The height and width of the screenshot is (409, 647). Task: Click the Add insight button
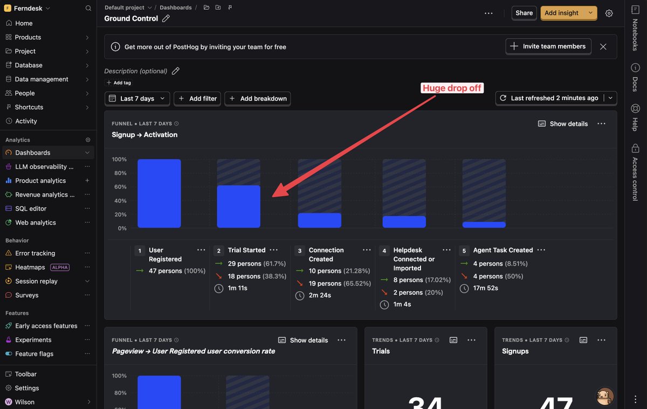[x=561, y=13]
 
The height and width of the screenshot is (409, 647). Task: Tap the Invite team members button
[x=548, y=46]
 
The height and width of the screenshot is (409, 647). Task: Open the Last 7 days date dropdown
[x=137, y=99]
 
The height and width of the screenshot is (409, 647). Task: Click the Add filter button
[x=197, y=99]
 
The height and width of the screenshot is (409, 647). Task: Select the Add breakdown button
[x=258, y=99]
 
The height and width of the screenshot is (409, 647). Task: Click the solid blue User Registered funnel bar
[x=159, y=193]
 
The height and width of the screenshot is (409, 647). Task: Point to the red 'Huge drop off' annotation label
[x=452, y=88]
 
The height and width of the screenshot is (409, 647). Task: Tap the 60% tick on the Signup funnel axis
[x=120, y=187]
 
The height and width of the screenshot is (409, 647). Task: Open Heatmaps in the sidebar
[x=30, y=267]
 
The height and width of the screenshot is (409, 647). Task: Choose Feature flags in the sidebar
[x=34, y=353]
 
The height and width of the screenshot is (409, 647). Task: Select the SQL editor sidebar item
[x=31, y=209]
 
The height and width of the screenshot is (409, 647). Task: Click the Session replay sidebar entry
[x=36, y=281]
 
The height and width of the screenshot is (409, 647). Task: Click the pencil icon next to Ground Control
[x=166, y=19]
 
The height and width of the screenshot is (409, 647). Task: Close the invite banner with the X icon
[x=603, y=47]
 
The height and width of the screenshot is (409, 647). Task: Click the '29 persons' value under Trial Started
[x=244, y=264]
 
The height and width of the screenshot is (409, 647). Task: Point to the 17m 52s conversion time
[x=486, y=288]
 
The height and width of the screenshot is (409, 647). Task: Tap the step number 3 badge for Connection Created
[x=300, y=251]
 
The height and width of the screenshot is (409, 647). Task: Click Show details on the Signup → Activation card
[x=563, y=124]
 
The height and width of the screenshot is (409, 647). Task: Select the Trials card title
[x=381, y=351]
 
